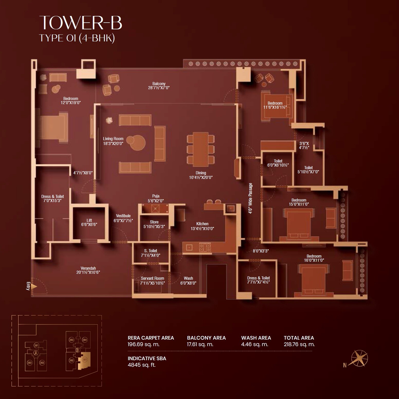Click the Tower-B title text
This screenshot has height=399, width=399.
(x=80, y=23)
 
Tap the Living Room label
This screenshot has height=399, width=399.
(x=113, y=139)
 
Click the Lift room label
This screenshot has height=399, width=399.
(x=89, y=220)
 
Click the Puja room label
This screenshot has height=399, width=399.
(x=156, y=196)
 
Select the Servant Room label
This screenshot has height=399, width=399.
(x=152, y=278)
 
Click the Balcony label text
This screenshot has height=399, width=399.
(x=159, y=84)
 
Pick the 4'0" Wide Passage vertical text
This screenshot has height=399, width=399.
(x=251, y=198)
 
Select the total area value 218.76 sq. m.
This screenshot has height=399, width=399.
(x=299, y=344)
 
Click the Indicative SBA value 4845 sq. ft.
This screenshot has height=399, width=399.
(x=142, y=365)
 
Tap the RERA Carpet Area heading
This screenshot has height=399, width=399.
(x=151, y=338)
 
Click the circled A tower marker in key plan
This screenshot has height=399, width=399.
(x=36, y=353)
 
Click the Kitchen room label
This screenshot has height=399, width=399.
(x=202, y=224)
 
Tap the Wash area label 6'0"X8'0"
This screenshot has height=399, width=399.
(x=188, y=283)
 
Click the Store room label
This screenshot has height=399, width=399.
(x=154, y=222)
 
